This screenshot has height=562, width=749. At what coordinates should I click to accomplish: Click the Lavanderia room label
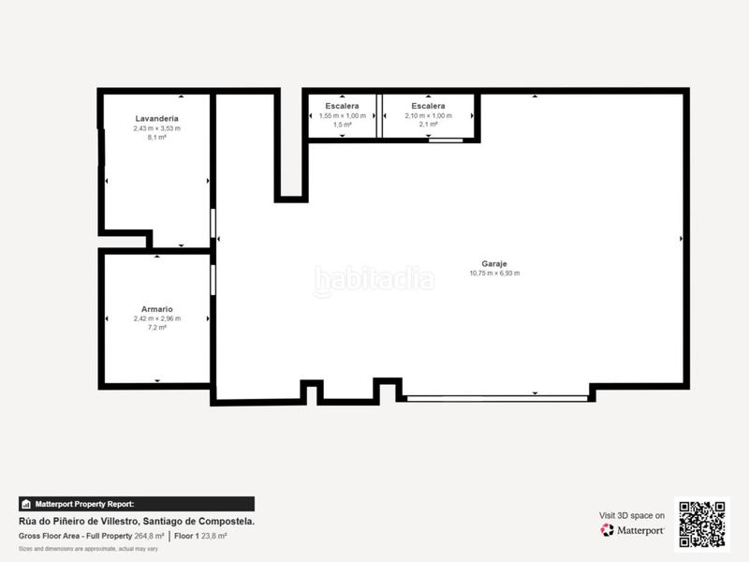point(156,119)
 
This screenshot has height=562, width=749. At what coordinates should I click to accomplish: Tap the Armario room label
point(156,309)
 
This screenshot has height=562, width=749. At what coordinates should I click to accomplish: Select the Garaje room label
point(494,264)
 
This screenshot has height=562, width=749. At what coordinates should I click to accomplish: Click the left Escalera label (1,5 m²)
point(342,107)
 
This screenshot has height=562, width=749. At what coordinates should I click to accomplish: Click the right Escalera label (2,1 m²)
point(428,107)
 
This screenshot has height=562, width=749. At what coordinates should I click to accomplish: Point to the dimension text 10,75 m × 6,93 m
point(494,274)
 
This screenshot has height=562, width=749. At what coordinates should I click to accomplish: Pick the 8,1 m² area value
point(156,138)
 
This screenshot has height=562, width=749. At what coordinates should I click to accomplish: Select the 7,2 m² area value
point(156,328)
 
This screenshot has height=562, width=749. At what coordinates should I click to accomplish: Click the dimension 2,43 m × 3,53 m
point(156,128)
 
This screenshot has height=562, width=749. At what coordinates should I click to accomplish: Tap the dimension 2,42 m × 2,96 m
point(156,318)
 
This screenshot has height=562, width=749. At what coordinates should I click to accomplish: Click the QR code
point(701,524)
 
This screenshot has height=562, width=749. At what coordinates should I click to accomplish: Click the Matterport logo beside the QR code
point(633,530)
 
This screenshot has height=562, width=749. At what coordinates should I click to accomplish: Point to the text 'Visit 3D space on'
point(632,515)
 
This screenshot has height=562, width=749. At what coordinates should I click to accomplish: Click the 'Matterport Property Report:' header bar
point(136,504)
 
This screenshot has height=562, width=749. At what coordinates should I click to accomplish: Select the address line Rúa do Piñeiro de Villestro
point(137,521)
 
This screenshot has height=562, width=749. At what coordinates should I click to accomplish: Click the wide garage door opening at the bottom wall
point(497,398)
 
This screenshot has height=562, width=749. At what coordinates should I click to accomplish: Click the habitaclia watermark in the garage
point(374,279)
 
